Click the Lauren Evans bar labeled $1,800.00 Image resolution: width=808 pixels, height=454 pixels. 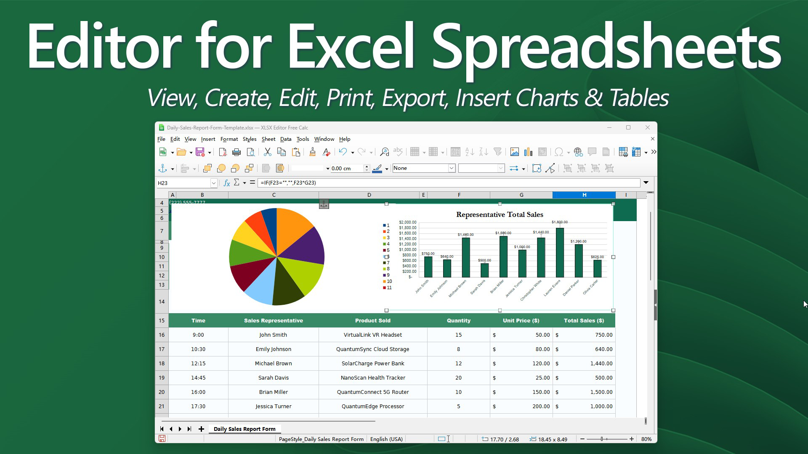tap(560, 252)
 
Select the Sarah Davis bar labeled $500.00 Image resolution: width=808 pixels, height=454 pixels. tap(484, 270)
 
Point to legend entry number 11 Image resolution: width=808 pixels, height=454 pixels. tap(387, 288)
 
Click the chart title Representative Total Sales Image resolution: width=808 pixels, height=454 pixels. tap(500, 215)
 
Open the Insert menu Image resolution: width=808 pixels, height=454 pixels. tap(208, 139)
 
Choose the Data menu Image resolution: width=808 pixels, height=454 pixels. tap(285, 139)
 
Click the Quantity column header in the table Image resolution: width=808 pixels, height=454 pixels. tap(458, 321)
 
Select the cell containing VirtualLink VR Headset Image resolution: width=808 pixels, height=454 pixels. tap(372, 335)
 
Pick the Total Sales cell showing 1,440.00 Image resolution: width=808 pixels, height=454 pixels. tap(584, 364)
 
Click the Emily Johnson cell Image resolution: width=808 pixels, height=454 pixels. tap(273, 349)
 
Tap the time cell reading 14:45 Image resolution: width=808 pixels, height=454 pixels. tap(198, 378)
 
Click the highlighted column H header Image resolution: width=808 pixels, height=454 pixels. tap(584, 195)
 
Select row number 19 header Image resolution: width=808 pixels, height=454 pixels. tap(162, 378)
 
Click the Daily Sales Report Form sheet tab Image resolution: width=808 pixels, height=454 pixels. tap(245, 429)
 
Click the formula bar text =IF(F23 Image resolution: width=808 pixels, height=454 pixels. tap(288, 183)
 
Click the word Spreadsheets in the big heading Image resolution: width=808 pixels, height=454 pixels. tap(606, 46)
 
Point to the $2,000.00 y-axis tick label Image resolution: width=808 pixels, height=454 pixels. tap(407, 222)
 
